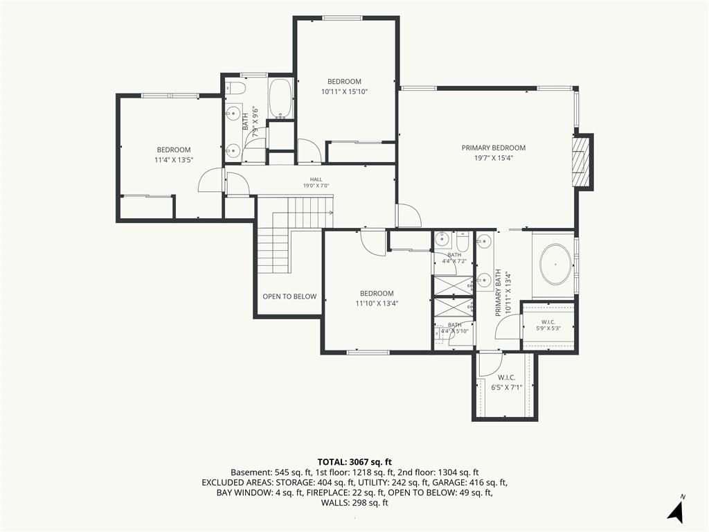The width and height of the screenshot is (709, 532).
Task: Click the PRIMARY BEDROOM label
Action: point(493,148)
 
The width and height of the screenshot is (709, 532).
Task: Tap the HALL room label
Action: point(316,179)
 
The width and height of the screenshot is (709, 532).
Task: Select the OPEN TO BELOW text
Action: point(289,296)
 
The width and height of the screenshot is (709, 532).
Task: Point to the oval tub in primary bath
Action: point(555,265)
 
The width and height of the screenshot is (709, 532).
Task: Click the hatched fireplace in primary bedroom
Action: point(582,161)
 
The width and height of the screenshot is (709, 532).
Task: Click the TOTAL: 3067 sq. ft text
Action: point(354,462)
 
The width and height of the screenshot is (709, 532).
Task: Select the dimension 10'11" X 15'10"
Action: point(345,92)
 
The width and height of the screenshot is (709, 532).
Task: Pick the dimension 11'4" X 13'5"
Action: point(174,160)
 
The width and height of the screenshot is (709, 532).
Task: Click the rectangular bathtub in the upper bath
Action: point(281,99)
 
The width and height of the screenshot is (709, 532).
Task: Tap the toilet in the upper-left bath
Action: point(235,87)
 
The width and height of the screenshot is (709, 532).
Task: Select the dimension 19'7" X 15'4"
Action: point(493,159)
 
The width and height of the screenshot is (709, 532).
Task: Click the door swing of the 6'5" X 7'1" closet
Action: point(490,364)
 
